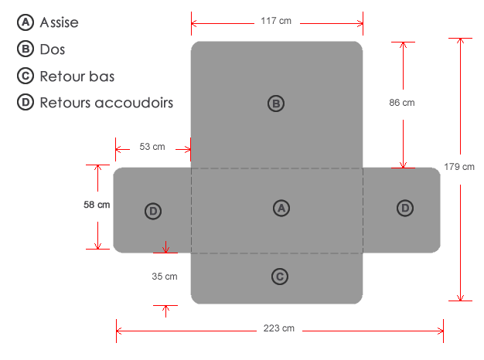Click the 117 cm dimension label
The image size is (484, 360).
tap(276, 21)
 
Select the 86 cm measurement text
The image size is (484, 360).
tap(402, 103)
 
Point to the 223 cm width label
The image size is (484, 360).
tap(278, 328)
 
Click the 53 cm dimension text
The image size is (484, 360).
tap(152, 146)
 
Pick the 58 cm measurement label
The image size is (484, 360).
tap(97, 205)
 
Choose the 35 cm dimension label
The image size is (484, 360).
tap(165, 277)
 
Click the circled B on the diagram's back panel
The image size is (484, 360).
tap(276, 104)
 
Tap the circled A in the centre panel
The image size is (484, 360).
tap(281, 208)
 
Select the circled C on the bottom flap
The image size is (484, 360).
tap(281, 276)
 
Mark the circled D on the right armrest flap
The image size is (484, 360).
tap(404, 208)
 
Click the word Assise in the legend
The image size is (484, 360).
tap(59, 23)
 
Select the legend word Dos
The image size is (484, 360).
tap(52, 49)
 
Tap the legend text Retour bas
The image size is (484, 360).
tap(77, 76)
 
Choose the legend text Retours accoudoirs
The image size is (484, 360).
tap(106, 102)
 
